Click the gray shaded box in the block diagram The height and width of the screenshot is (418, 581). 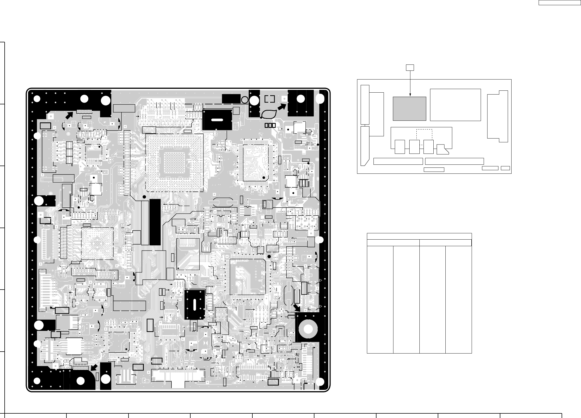coord(409,108)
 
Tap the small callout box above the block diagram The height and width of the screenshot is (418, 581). coord(410,67)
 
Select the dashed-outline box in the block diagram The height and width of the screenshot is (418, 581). coord(424,137)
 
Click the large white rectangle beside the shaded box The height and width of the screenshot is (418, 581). coord(455,105)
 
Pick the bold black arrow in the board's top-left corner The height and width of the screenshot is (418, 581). coord(70,116)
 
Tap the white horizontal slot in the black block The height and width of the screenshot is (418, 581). coord(217,120)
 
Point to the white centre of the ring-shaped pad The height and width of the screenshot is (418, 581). coord(308,329)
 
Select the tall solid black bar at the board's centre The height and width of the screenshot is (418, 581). coord(155,222)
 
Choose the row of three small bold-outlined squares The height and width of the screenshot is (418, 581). coord(270,125)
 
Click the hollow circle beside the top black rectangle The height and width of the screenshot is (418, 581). coord(245,100)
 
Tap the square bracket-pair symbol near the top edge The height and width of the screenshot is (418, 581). coord(270,99)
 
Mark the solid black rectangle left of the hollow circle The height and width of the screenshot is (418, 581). coord(231,99)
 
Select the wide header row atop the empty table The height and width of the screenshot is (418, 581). coord(419,236)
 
